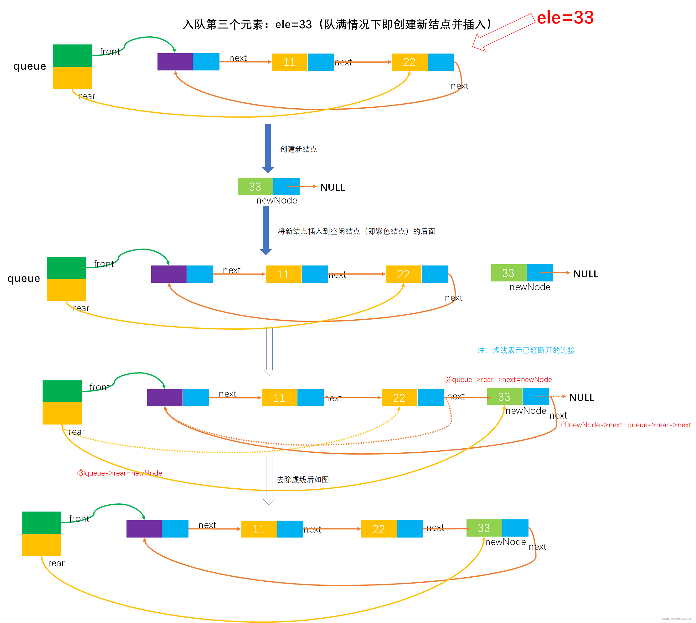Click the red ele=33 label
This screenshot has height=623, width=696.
(565, 18)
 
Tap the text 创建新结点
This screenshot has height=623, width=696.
(298, 149)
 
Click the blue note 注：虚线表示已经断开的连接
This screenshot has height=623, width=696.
(526, 350)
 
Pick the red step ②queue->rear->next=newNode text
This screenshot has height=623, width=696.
(498, 379)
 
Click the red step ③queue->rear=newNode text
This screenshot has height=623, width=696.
(120, 473)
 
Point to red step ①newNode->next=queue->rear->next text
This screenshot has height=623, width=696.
(626, 425)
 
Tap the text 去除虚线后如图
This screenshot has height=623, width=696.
(303, 480)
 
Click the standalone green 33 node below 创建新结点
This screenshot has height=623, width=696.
(255, 187)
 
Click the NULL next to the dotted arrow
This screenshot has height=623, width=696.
(581, 398)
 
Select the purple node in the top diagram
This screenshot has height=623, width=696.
(175, 62)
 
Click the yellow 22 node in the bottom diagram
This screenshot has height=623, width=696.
(379, 529)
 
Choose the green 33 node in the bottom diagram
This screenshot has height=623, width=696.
(484, 528)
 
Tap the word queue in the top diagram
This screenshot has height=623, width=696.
(30, 66)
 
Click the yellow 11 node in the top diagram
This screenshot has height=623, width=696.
(290, 62)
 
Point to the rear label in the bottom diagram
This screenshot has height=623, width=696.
(56, 563)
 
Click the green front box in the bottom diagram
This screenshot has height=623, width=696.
(41, 523)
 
